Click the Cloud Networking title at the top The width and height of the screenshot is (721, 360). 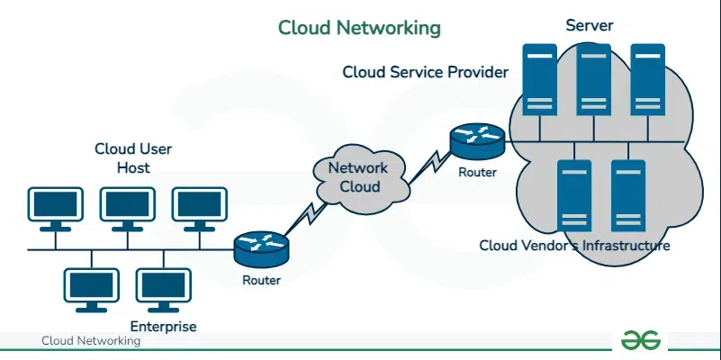[x=359, y=28]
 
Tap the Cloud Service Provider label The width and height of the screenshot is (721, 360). [x=425, y=72]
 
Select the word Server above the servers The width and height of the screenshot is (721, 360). [x=589, y=25]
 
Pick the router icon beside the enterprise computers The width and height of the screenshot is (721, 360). [x=261, y=247]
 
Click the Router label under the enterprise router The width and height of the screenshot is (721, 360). [x=261, y=280]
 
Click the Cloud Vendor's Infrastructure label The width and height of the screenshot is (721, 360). [x=574, y=245]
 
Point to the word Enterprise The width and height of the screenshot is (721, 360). [x=163, y=326]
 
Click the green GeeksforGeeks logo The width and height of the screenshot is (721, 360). [x=640, y=339]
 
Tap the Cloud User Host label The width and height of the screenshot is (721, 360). [x=133, y=158]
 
